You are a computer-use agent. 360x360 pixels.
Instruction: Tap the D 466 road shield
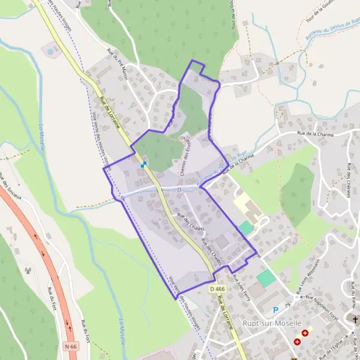coord(218,289)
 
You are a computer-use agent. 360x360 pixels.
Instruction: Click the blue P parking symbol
coord(276,310)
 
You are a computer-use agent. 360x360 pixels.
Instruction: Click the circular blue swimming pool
coord(50,52)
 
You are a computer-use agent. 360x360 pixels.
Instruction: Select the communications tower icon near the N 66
coord(28,271)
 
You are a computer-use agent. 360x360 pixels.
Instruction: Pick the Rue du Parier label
coord(354,294)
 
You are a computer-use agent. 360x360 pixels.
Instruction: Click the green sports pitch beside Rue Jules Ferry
coord(266,278)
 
